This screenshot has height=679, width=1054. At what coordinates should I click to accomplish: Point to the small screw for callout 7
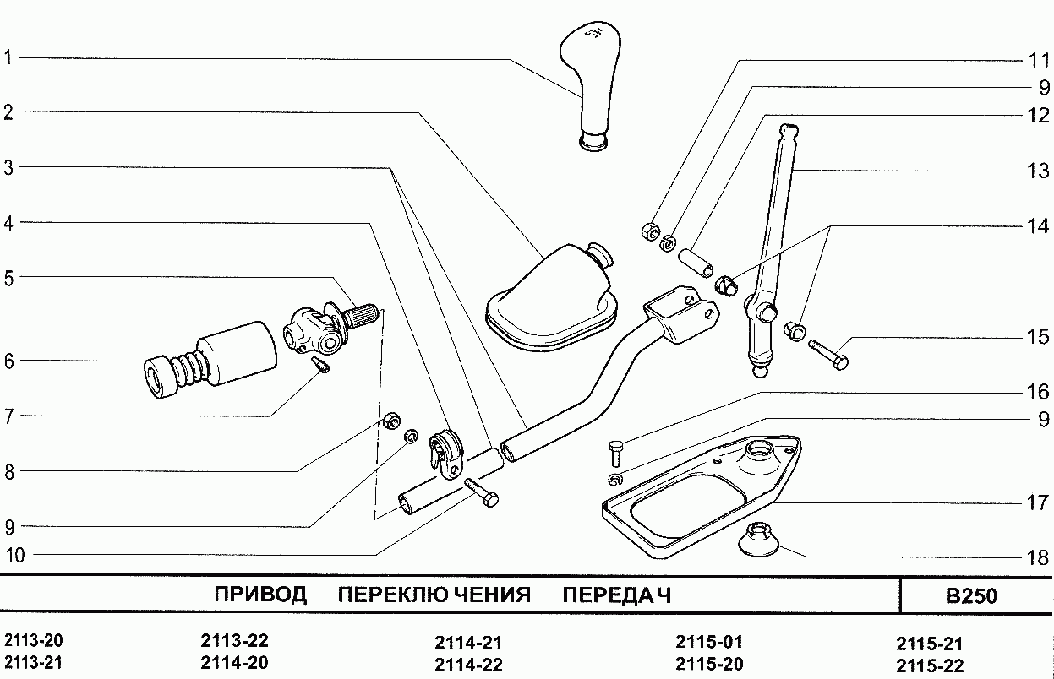coord(321,365)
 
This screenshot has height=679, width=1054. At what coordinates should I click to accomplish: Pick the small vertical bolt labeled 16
coord(615,454)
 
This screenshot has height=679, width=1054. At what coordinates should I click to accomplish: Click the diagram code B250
coord(971,596)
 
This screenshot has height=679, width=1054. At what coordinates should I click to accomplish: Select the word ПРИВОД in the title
coord(260,595)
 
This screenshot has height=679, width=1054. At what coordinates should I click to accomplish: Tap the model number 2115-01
coord(709,641)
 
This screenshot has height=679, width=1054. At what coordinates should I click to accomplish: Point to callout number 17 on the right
coord(1037,503)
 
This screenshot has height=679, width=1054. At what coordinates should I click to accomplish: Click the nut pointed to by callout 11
coord(649,230)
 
